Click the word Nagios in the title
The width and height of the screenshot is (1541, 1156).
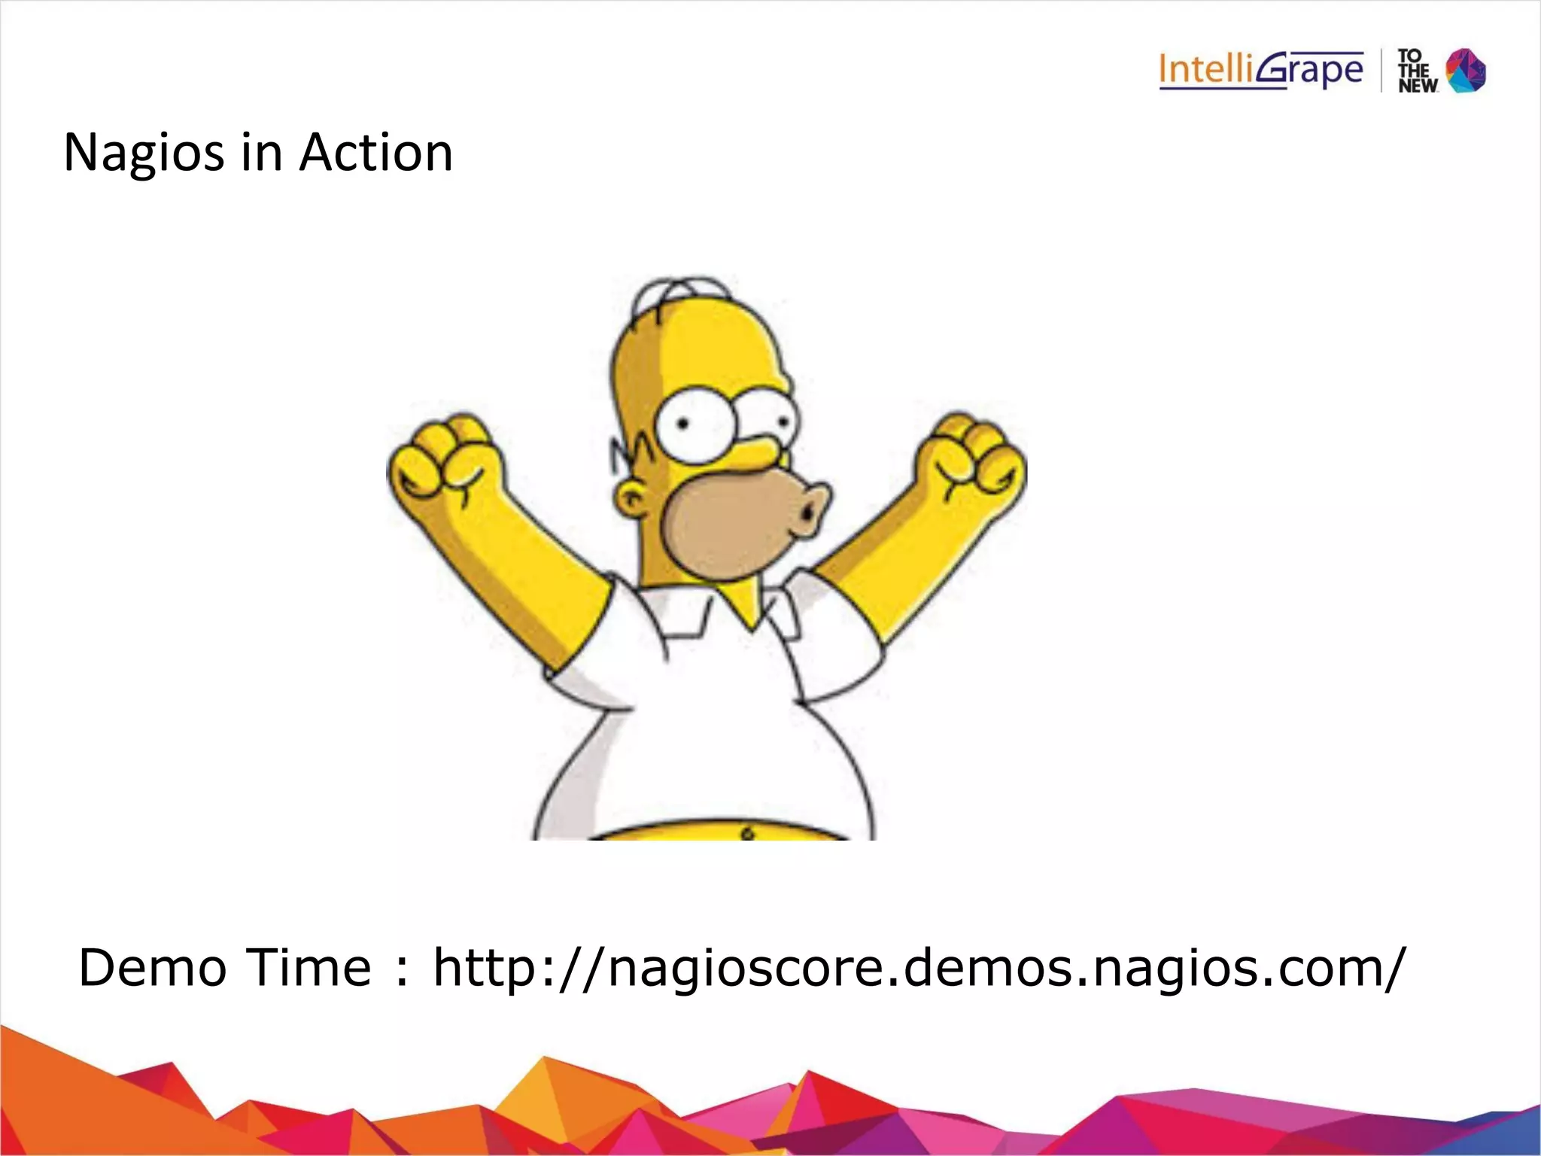pos(144,153)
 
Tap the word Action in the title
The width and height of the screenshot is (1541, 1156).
pos(375,153)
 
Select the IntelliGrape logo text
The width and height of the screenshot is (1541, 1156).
pos(1260,71)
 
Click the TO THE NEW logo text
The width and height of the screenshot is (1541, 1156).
pos(1416,71)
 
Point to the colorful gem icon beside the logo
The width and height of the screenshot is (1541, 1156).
pos(1466,71)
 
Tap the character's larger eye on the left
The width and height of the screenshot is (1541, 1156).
pos(691,425)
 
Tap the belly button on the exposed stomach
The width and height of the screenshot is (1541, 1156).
pos(747,833)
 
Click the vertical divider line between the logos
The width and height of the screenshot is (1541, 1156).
pos(1381,71)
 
